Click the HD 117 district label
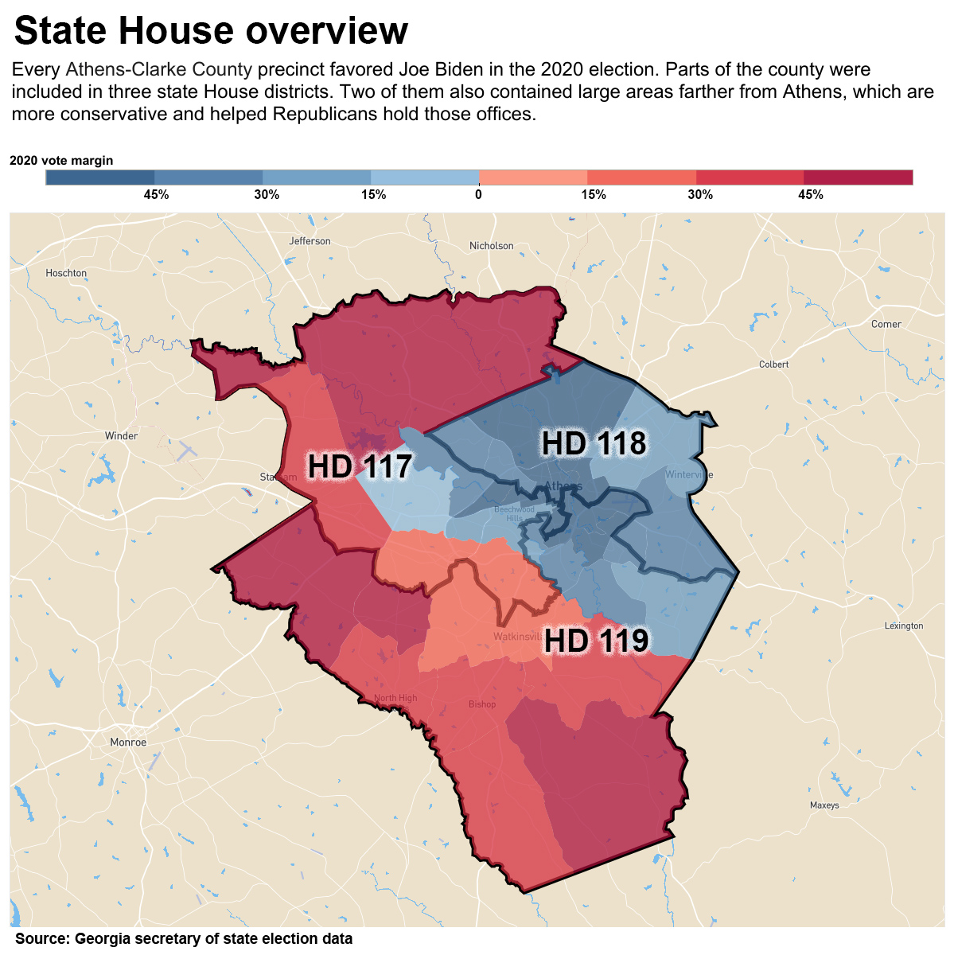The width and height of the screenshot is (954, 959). [x=360, y=466]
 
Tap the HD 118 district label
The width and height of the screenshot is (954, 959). [x=594, y=443]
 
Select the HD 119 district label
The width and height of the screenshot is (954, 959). [x=596, y=640]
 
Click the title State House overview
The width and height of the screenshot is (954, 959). [x=211, y=31]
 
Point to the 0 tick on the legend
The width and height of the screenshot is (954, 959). [x=478, y=195]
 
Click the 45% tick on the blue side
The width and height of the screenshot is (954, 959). [x=156, y=195]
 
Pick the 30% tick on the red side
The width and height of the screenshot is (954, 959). [x=700, y=195]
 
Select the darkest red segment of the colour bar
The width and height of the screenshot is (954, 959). [x=858, y=177]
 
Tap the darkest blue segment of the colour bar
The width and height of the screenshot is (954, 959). [x=100, y=177]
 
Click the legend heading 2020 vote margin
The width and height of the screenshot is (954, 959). [x=61, y=161]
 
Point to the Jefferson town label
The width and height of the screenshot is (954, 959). [x=310, y=241]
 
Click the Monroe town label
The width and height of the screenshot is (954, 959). [x=128, y=743]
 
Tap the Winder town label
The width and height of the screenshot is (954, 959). [x=121, y=436]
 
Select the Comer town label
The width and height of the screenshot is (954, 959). [x=886, y=324]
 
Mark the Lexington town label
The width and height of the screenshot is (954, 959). [x=904, y=626]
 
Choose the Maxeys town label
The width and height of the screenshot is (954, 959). [x=824, y=805]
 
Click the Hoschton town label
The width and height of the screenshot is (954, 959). [x=66, y=273]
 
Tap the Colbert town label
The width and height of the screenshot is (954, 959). [x=773, y=364]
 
